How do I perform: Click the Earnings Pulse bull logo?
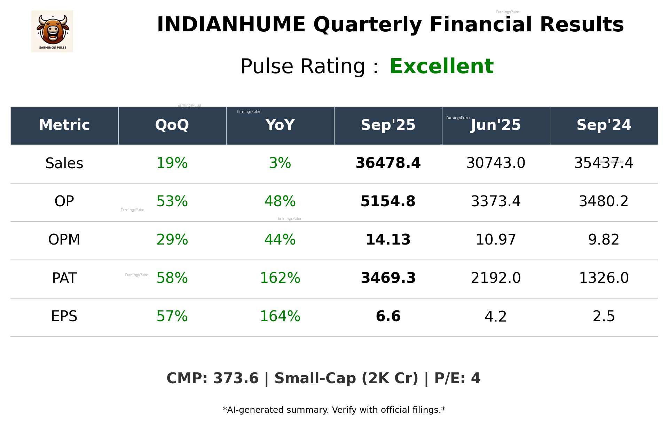point(52,31)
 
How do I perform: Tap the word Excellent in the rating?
point(441,66)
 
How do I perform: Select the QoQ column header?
point(172,125)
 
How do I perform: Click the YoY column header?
point(280,125)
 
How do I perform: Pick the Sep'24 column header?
point(604,125)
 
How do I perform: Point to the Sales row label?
point(64,163)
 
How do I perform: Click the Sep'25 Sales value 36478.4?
point(388,163)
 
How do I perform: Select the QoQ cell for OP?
point(172,201)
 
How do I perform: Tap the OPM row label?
point(64,240)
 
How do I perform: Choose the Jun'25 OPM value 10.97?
point(496,240)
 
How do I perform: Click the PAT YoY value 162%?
point(280,278)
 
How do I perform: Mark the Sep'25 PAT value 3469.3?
point(388,278)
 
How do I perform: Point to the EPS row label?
point(64,316)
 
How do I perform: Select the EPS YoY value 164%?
point(280,316)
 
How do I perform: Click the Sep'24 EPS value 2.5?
point(604,316)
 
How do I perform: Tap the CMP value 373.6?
point(236,378)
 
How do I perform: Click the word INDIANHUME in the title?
point(231,25)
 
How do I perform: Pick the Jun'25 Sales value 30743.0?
point(496,163)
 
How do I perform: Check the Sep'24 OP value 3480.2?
point(604,201)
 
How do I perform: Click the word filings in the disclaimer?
point(429,410)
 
